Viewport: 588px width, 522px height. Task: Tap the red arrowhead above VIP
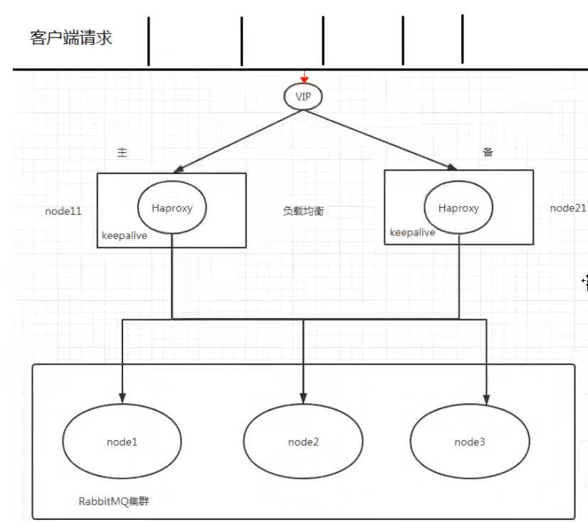point(305,79)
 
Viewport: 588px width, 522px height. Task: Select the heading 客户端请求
point(71,38)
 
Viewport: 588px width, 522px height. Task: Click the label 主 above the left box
point(122,153)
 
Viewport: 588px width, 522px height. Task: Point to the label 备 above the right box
point(488,152)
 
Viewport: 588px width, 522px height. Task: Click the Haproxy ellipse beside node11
point(172,208)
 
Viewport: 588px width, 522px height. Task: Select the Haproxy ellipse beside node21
point(458,208)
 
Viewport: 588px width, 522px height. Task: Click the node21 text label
point(567,208)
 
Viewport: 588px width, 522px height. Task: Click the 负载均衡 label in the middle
point(303,211)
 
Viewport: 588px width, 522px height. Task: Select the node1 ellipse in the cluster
point(122,442)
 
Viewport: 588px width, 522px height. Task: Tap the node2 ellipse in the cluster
point(303,442)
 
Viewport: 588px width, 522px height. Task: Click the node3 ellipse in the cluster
point(470,442)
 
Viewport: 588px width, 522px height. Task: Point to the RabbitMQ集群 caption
point(114,501)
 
